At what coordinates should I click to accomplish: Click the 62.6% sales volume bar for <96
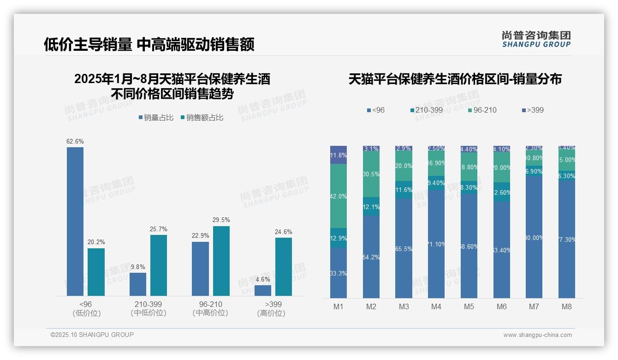click(x=75, y=222)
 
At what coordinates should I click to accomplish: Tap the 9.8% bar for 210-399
click(x=138, y=284)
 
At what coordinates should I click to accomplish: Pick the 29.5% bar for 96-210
click(x=221, y=261)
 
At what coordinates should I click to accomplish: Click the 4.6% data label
click(x=262, y=280)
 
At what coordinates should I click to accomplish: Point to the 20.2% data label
click(x=96, y=242)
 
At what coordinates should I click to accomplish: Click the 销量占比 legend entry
click(x=156, y=118)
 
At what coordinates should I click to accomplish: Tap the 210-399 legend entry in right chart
click(x=426, y=110)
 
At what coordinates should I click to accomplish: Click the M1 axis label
click(x=339, y=306)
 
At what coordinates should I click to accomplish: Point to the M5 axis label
click(x=469, y=306)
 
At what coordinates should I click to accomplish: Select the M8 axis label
click(x=567, y=306)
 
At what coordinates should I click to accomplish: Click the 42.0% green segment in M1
click(x=339, y=196)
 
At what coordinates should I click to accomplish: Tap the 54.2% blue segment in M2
click(x=371, y=257)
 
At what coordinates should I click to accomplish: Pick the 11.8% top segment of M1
click(x=339, y=155)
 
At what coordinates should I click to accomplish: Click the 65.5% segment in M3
click(x=404, y=248)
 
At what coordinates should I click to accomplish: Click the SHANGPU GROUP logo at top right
click(x=536, y=39)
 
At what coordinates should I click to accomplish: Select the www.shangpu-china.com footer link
click(x=537, y=335)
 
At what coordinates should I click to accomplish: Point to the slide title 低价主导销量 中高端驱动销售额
click(x=149, y=45)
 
